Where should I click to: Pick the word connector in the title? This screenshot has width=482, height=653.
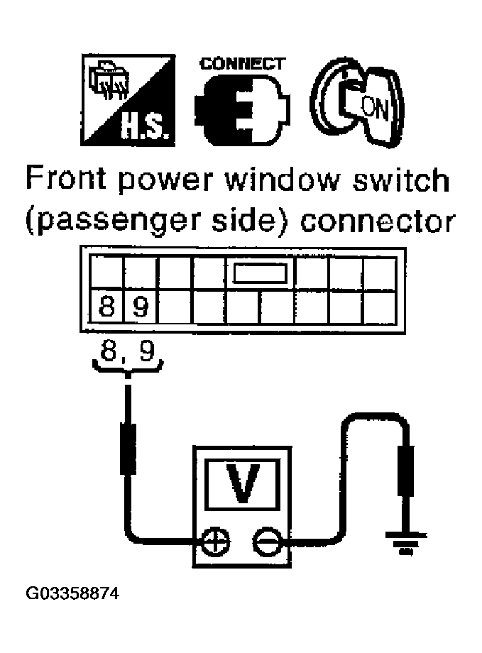point(378,221)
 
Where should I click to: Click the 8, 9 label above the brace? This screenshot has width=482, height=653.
point(127,352)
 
